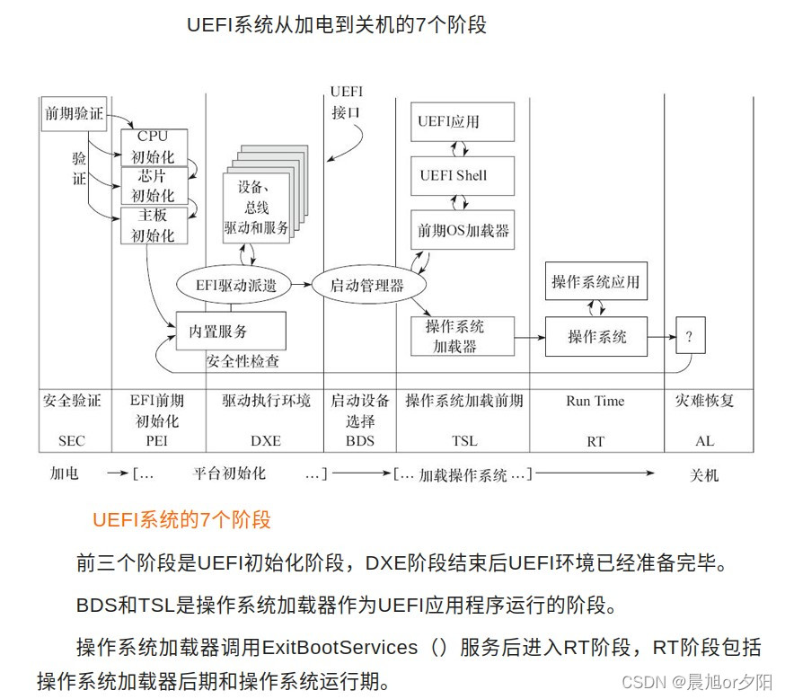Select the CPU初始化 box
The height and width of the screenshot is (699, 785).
coord(153,146)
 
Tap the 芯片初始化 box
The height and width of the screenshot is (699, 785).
coord(153,186)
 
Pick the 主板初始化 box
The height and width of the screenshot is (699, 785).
coord(153,226)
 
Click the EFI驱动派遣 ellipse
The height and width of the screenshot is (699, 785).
coord(236,287)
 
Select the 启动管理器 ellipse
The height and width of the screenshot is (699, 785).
coord(366,287)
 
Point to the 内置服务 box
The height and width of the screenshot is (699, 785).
coord(231,332)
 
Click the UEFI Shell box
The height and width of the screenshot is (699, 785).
coord(462,175)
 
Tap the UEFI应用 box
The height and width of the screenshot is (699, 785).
coord(462,121)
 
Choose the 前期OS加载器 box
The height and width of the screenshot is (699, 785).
coord(463,231)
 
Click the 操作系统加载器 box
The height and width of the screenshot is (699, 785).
coord(462,336)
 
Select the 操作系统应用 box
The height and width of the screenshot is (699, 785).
coord(595,282)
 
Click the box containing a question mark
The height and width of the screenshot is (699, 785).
coord(690,337)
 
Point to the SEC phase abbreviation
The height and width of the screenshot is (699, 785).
coord(71,441)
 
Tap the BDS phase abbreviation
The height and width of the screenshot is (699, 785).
coord(359,441)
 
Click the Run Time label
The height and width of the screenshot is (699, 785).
coord(595,402)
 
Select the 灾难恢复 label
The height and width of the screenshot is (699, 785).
coord(704,402)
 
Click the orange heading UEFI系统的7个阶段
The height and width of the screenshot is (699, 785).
coord(181,520)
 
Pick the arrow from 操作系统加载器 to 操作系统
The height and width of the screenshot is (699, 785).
coord(528,337)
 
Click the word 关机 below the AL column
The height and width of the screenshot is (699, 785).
coord(704,474)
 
